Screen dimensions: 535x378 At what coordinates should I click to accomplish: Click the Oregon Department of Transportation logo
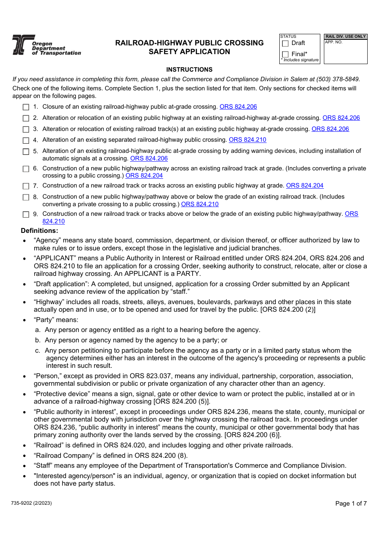click(46, 45)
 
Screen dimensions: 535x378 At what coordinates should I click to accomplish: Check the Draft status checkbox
click(285, 43)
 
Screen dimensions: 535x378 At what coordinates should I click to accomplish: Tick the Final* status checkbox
click(285, 54)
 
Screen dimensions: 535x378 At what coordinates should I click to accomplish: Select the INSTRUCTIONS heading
click(189, 70)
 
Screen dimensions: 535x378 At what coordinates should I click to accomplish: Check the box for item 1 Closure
click(26, 107)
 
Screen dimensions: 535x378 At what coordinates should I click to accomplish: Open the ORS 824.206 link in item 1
click(238, 107)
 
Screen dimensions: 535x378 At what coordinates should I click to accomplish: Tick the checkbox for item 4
click(26, 140)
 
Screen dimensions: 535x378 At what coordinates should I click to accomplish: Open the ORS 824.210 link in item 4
click(247, 140)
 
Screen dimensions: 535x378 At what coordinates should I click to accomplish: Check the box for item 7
click(26, 186)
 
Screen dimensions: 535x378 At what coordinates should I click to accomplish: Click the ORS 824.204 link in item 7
click(304, 185)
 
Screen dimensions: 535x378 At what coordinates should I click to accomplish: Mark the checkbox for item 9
click(26, 214)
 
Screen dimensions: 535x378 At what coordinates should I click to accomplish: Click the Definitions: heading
click(39, 231)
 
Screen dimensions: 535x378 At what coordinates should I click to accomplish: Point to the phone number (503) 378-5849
click(340, 79)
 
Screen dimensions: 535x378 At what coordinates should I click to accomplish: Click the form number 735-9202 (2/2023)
click(31, 503)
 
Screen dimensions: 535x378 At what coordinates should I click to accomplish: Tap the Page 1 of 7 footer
click(351, 504)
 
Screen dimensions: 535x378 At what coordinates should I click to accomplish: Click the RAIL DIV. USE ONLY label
click(345, 37)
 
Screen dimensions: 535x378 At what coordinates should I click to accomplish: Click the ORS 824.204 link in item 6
click(144, 176)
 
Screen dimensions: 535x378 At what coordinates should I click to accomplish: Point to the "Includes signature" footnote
click(300, 60)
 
